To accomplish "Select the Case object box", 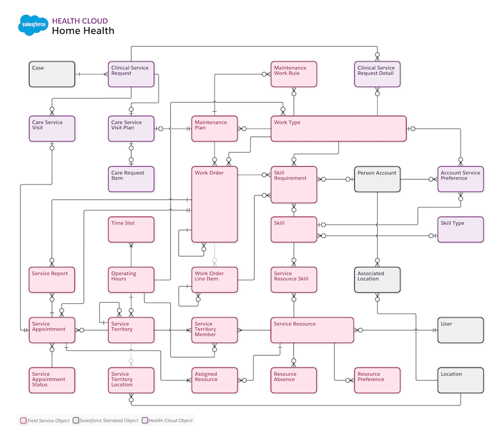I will (x=52, y=74).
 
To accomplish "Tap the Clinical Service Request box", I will (x=130, y=74).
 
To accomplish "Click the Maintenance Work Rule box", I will (x=294, y=74).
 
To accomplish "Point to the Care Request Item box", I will (x=130, y=178).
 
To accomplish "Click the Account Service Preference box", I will (x=461, y=178).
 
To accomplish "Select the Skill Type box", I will (x=461, y=229).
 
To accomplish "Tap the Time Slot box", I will (x=130, y=229).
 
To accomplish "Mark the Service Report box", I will (x=52, y=279).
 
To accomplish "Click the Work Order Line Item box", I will (x=214, y=279).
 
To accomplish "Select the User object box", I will (x=461, y=330).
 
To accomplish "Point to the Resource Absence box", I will (x=294, y=380).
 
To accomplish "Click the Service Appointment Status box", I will (x=52, y=380).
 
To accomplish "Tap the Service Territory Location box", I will (x=130, y=380).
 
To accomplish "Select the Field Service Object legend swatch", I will (x=23, y=421).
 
